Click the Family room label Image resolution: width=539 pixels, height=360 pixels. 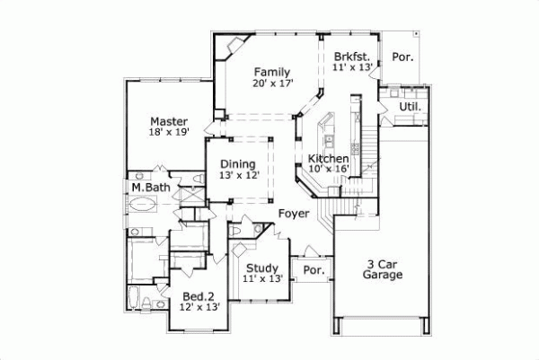coord(271,72)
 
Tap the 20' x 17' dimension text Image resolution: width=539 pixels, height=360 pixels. coord(271,84)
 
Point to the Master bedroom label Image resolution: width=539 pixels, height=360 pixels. coord(169,121)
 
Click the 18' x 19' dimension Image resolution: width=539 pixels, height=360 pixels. coord(169,134)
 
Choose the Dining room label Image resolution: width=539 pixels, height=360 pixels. coord(238,164)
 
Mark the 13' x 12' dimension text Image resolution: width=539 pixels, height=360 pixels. coord(239,176)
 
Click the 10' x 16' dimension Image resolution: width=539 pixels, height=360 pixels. coord(328,170)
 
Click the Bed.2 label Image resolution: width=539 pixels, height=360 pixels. coord(198,296)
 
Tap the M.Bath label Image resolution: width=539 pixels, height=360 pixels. coord(150,188)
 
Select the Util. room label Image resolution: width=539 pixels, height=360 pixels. coord(410,109)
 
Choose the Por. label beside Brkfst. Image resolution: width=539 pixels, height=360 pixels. coord(403,57)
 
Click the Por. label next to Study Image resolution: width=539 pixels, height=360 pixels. coord(314,270)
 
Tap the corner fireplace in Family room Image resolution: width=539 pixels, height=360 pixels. coord(236,45)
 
